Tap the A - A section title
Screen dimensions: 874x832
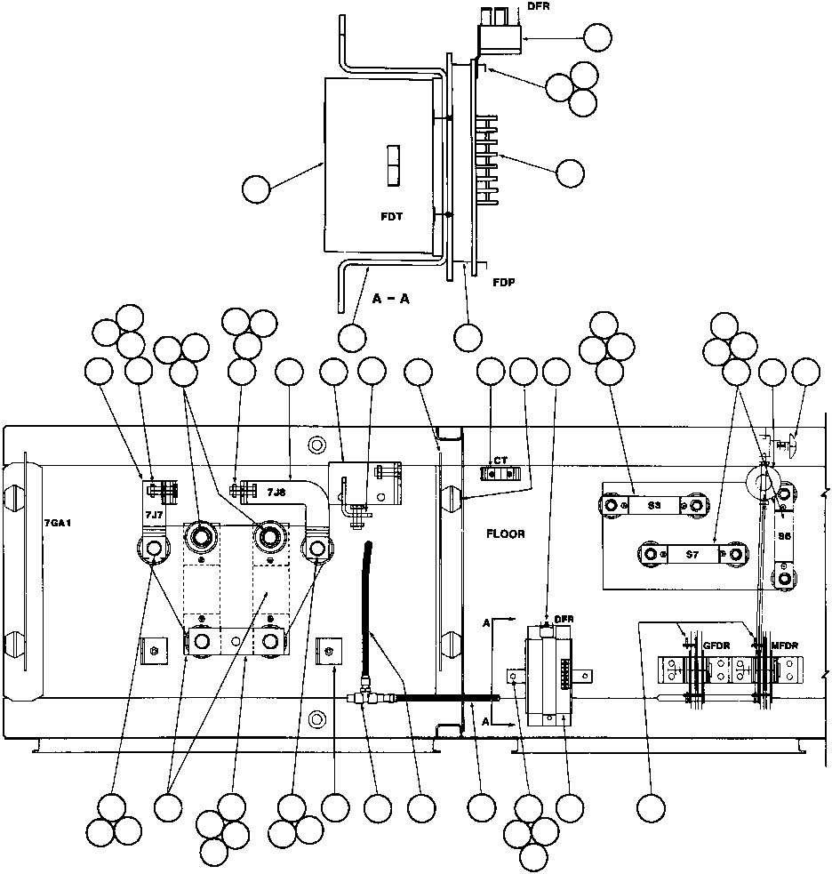[x=392, y=299]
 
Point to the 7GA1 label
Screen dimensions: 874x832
[x=57, y=525]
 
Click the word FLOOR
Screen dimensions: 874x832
[x=506, y=534]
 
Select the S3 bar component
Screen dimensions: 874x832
[x=652, y=505]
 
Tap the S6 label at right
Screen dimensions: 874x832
[x=785, y=537]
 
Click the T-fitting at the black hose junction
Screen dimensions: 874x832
[x=364, y=700]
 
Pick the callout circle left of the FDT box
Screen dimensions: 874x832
[x=257, y=189]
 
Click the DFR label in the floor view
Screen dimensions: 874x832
[x=564, y=619]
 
